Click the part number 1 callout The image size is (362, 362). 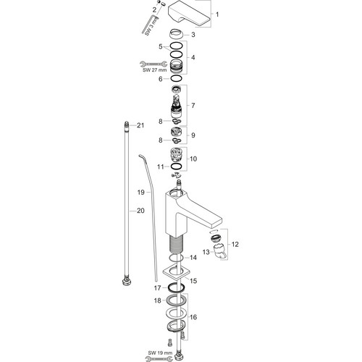click(217, 14)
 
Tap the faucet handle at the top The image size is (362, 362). click(188, 15)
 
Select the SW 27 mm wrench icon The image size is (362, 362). click(153, 64)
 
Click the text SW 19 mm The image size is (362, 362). click(157, 353)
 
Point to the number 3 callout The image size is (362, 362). click(193, 35)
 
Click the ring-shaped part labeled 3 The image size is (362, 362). click(176, 33)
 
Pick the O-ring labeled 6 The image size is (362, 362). click(176, 78)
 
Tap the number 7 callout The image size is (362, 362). click(193, 106)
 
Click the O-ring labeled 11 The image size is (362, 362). click(176, 167)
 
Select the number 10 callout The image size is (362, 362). click(193, 159)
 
